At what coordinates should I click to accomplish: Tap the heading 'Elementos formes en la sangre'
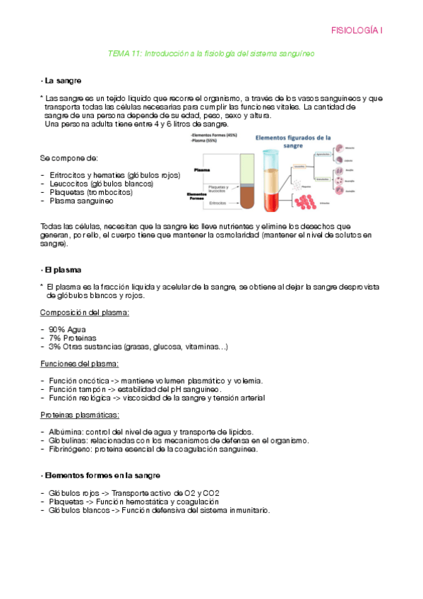point(102,475)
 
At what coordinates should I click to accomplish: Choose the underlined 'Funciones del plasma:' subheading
point(79,364)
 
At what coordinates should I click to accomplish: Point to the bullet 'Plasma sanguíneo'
point(81,201)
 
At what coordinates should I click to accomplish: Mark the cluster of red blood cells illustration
point(304,203)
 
